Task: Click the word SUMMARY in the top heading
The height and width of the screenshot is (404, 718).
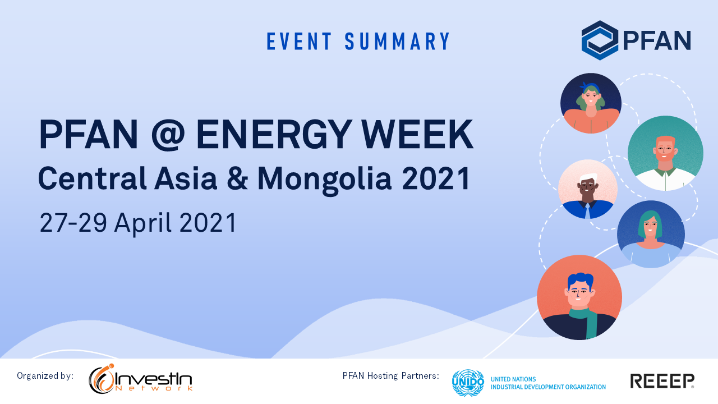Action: [x=398, y=41]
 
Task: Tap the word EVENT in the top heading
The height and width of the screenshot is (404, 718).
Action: [x=299, y=41]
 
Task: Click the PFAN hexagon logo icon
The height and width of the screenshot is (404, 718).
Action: [x=600, y=40]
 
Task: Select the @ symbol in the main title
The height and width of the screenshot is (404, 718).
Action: [x=168, y=134]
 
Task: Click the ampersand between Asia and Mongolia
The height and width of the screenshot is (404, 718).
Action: [x=237, y=178]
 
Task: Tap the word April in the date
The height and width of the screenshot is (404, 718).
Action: [x=143, y=223]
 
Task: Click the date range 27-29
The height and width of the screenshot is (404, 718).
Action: [x=73, y=223]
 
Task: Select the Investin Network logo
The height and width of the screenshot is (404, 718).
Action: [x=140, y=379]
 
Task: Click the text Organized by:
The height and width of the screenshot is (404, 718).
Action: [x=45, y=376]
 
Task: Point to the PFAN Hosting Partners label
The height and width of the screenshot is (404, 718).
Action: [x=391, y=375]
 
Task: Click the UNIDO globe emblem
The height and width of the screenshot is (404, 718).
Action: [x=468, y=383]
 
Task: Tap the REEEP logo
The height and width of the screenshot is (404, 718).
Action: [x=662, y=381]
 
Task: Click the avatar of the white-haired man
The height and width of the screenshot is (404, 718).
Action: [x=588, y=189]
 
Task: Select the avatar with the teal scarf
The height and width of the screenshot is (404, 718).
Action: [x=579, y=297]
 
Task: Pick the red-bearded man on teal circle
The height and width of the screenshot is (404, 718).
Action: [x=665, y=153]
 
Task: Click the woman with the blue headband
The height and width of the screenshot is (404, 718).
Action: [x=591, y=103]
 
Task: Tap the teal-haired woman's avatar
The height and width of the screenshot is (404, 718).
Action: [x=651, y=234]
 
